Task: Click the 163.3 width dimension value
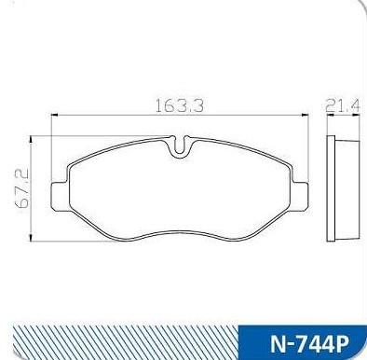[x=179, y=106]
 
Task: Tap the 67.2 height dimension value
[x=21, y=188]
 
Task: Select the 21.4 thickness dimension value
[x=343, y=106]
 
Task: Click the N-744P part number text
[x=310, y=344]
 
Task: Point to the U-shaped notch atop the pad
[x=180, y=146]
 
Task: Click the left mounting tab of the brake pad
[x=60, y=197]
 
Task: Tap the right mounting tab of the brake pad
[x=300, y=196]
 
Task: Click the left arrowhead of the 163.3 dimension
[x=54, y=115]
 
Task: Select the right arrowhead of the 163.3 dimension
[x=305, y=115]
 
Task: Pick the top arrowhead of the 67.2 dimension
[x=31, y=140]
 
